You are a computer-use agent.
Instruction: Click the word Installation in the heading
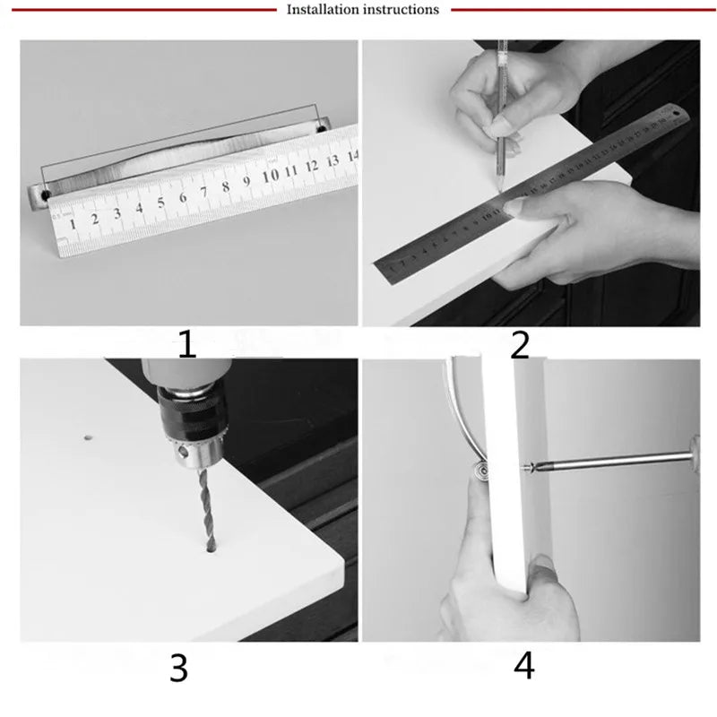tap(322, 10)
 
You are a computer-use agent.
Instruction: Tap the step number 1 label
tap(186, 344)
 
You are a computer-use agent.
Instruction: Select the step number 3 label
tap(178, 668)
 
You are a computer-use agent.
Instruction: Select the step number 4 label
tap(524, 666)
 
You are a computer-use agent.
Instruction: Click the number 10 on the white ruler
tap(270, 176)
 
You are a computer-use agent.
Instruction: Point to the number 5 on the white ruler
tap(161, 202)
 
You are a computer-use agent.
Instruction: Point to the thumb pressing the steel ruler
tap(529, 207)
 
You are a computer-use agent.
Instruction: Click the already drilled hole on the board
tap(89, 438)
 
